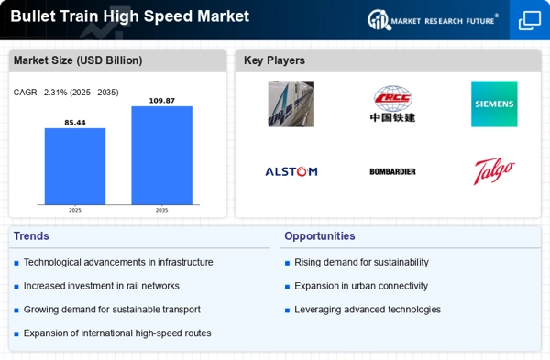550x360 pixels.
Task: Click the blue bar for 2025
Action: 75,166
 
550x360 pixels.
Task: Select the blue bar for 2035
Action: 161,156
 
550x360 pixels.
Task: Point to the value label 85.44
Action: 75,123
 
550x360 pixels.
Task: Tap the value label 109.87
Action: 161,101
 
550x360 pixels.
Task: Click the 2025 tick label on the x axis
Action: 75,210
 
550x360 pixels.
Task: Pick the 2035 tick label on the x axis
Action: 161,210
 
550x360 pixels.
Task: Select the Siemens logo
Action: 494,104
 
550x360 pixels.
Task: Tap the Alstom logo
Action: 291,171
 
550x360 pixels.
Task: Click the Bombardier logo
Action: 392,171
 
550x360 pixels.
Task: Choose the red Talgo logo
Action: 494,171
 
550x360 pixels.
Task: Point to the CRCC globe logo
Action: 392,98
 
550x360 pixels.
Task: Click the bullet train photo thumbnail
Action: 291,104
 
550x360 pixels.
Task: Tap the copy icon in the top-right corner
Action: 530,20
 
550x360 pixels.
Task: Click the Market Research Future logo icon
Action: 379,19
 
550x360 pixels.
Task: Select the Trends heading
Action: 31,236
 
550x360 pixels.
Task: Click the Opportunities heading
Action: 320,236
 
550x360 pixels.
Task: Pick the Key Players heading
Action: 274,60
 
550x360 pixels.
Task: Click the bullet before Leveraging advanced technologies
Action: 287,311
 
